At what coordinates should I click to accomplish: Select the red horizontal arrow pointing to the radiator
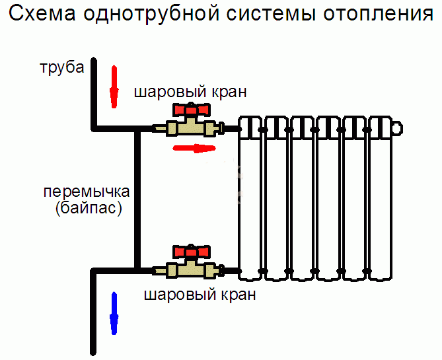[x=194, y=147]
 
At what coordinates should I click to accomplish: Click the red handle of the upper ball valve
[x=191, y=110]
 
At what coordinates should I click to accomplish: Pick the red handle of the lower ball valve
[x=191, y=252]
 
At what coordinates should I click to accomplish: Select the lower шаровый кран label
[x=200, y=295]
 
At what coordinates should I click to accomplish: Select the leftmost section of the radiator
[x=251, y=198]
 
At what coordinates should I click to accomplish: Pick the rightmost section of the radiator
[x=380, y=198]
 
